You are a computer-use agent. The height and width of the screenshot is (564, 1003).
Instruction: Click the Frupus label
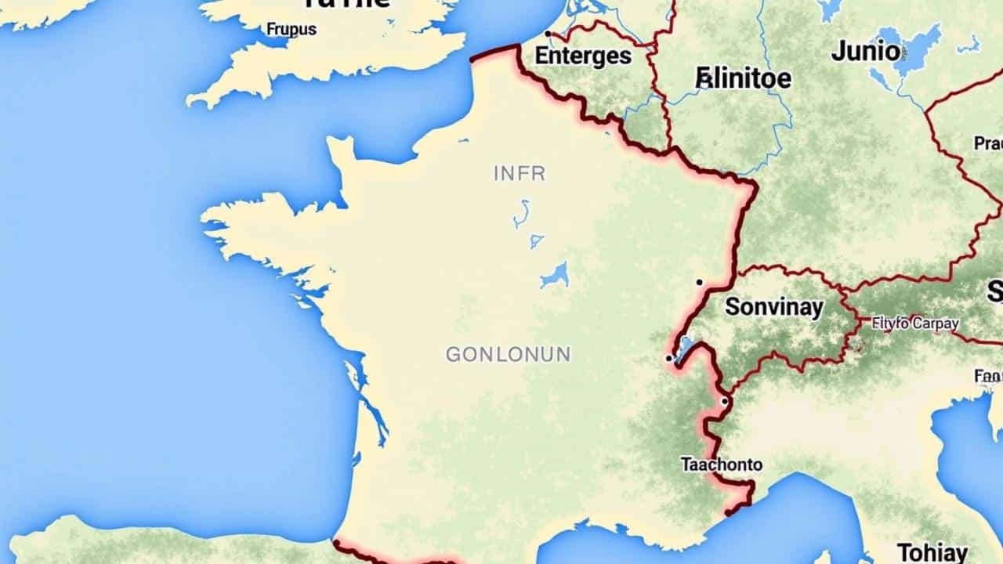coord(291,30)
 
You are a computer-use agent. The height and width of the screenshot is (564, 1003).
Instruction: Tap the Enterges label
coord(583,56)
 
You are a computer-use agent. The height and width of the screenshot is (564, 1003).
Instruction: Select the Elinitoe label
coord(743,78)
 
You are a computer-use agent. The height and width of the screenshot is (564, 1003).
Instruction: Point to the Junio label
coord(866,52)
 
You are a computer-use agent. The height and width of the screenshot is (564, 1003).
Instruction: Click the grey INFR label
coord(520,173)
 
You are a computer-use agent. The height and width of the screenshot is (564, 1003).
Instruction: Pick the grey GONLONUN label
coord(509,355)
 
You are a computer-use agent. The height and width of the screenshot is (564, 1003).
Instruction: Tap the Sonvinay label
coord(774,306)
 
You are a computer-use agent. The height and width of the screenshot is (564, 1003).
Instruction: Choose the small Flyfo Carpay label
coord(915,323)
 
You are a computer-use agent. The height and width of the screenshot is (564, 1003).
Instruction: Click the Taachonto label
coord(721,465)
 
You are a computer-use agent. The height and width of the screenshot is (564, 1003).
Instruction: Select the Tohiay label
coord(932,552)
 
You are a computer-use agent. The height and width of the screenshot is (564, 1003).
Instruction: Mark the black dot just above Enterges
coord(548,34)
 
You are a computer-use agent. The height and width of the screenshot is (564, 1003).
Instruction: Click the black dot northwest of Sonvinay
coord(698,282)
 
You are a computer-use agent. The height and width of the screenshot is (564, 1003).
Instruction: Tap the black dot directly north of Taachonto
coord(724,401)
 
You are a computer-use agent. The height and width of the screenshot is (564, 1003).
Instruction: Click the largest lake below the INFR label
coord(555,275)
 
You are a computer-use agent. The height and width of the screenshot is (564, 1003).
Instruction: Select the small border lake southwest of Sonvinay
coord(684,348)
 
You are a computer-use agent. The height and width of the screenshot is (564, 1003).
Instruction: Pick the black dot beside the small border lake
coord(668,358)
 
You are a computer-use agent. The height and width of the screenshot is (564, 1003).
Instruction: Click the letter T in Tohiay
coord(903,552)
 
